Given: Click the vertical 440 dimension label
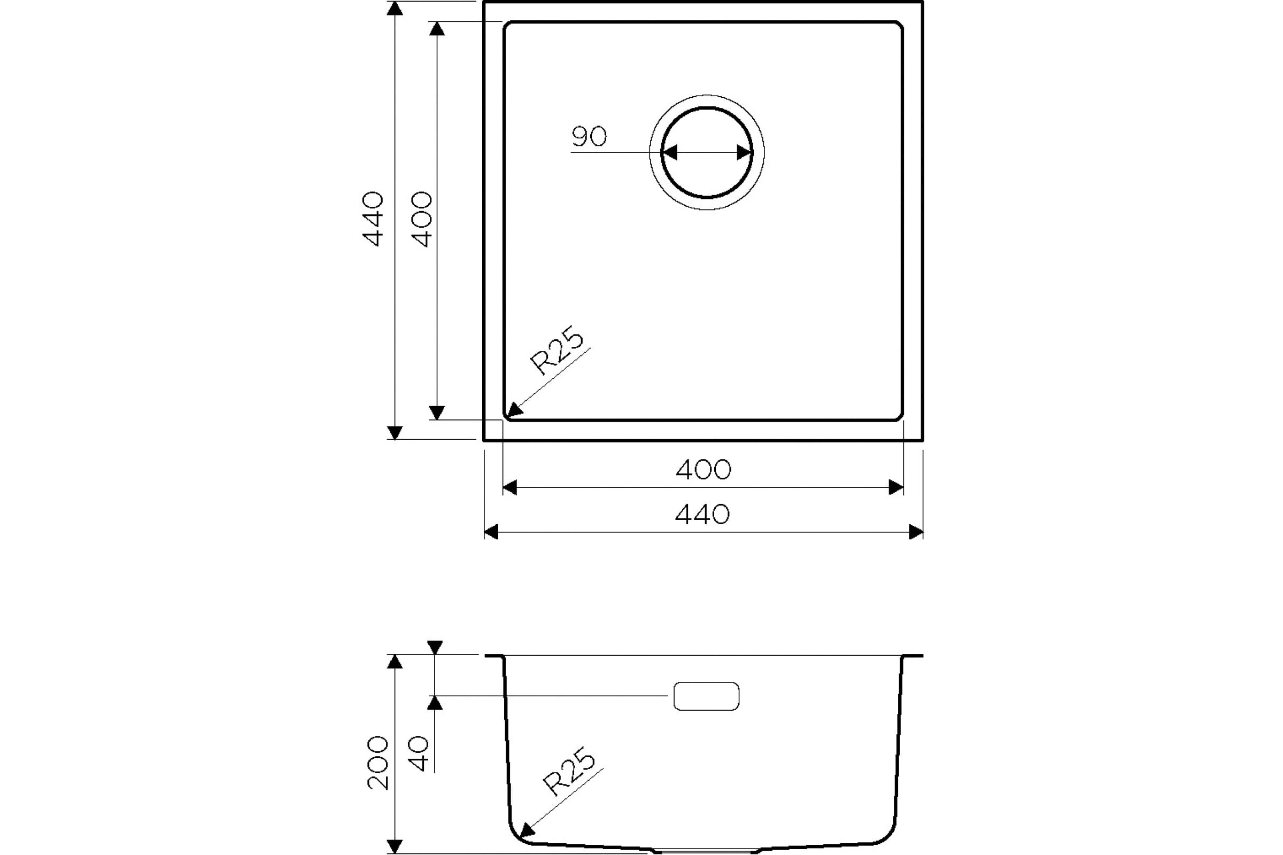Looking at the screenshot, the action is [373, 219].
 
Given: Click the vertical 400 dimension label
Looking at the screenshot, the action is [422, 219].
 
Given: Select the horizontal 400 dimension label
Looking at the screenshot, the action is [704, 470].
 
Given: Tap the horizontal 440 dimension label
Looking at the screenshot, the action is [702, 514].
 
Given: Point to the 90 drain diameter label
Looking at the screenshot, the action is [589, 136].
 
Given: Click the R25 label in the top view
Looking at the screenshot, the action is [557, 350].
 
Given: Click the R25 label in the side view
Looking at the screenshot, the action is [568, 771].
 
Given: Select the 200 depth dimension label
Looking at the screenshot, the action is [377, 763].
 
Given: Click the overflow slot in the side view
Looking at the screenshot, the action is [706, 696].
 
